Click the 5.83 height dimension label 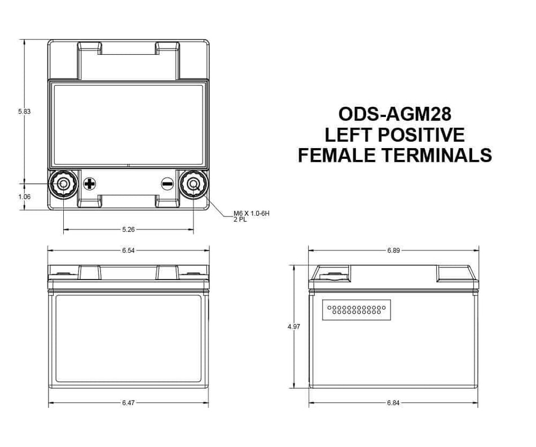24,111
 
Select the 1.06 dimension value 24,197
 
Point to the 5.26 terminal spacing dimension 129,229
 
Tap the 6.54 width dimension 129,250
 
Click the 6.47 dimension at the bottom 129,403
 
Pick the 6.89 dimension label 393,250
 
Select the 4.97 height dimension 294,327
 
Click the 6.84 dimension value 393,403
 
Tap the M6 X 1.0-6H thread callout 252,214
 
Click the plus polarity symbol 90,184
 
